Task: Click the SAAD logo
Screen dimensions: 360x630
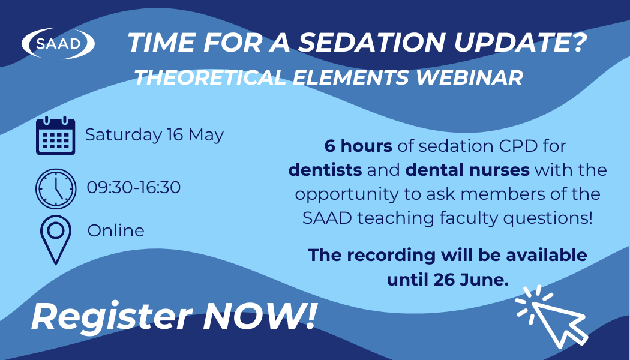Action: (58, 43)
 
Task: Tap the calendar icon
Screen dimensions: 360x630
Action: (55, 136)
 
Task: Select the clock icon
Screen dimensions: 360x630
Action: (56, 188)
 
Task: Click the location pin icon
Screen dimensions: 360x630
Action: (55, 239)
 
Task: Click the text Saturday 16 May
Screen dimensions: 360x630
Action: (154, 134)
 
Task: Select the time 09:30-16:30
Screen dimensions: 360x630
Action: (133, 187)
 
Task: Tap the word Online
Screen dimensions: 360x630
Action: (116, 230)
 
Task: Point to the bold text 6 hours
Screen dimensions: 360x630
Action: (358, 146)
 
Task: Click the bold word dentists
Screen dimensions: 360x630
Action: (325, 170)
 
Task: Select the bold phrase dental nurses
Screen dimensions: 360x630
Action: (467, 170)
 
